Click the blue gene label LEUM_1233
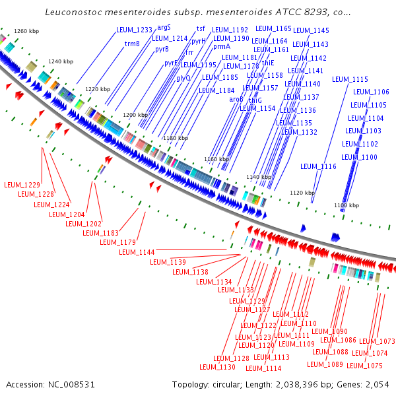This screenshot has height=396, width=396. pos(134,30)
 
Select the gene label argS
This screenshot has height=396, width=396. pos(164,27)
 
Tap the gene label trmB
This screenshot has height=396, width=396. pos(132,44)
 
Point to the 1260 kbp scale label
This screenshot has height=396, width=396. pos(27,31)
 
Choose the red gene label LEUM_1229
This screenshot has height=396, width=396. pos(22,183)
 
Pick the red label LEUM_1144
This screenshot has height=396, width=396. pos(137,252)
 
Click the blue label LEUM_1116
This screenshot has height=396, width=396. pos(318,166)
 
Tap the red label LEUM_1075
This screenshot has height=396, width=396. pos(364,366)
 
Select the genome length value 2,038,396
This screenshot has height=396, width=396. pos(304,384)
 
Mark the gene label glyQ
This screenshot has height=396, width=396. pos(183,77)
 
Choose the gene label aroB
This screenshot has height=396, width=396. pos(236,99)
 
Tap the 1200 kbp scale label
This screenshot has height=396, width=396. pos(136,115)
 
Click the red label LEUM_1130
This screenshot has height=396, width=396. pos(217,367)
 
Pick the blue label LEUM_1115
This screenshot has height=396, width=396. pos(350,79)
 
